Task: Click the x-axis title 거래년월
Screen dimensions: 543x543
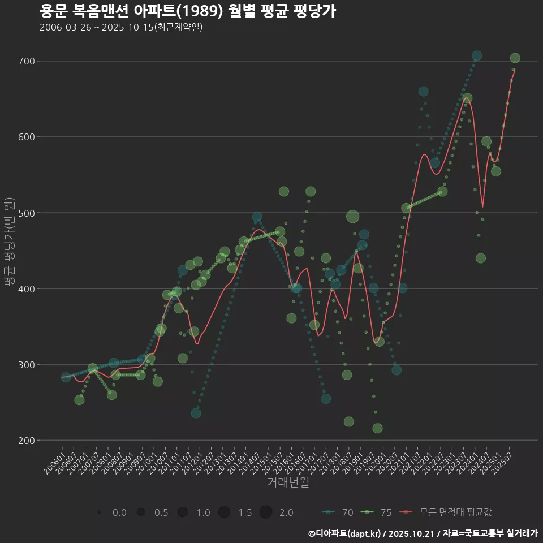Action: [x=288, y=482]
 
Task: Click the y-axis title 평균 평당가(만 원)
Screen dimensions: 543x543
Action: [x=8, y=243]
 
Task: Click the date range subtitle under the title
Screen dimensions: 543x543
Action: [x=121, y=27]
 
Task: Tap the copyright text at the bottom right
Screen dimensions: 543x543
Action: [x=423, y=533]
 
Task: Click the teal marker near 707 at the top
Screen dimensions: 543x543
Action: [x=477, y=55]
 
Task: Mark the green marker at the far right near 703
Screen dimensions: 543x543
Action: [x=515, y=58]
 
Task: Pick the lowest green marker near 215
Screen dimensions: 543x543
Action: [x=377, y=428]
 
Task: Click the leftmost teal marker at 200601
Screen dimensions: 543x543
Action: [x=66, y=377]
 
